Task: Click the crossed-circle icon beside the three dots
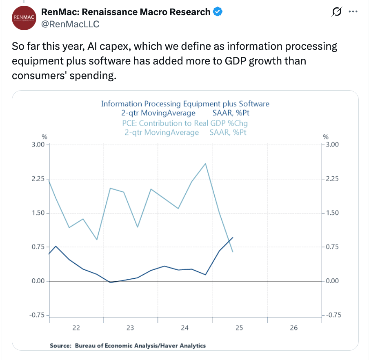337,12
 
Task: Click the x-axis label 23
130,328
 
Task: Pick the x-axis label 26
294,328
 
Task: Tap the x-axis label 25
239,328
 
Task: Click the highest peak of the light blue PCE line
205,164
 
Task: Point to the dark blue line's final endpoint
233,238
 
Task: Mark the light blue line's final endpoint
233,252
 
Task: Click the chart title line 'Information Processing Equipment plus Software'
185,104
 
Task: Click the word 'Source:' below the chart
60,346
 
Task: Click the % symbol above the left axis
44,137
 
